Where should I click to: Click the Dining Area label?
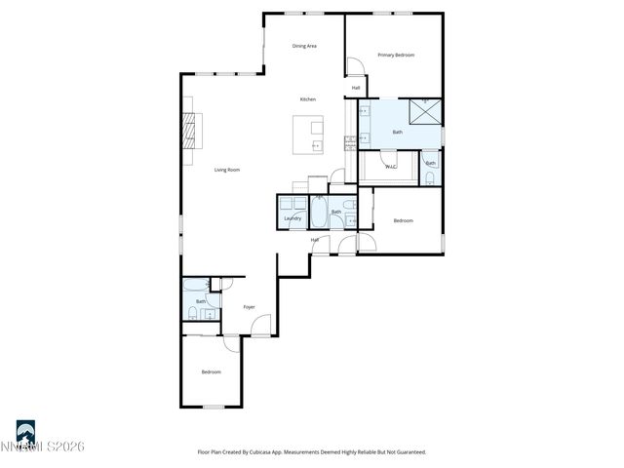point(304,46)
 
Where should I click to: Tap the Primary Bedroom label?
point(396,55)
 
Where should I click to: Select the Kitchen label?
point(307,99)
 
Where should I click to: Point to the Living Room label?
point(227,170)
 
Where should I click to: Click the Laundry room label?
point(292,218)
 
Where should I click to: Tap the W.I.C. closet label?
point(390,167)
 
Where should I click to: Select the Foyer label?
point(249,307)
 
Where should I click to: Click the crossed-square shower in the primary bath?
point(425,112)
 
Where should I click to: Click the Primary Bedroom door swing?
point(357,66)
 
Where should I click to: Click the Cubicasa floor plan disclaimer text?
point(312,451)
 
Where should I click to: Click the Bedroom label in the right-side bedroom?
point(403,221)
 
